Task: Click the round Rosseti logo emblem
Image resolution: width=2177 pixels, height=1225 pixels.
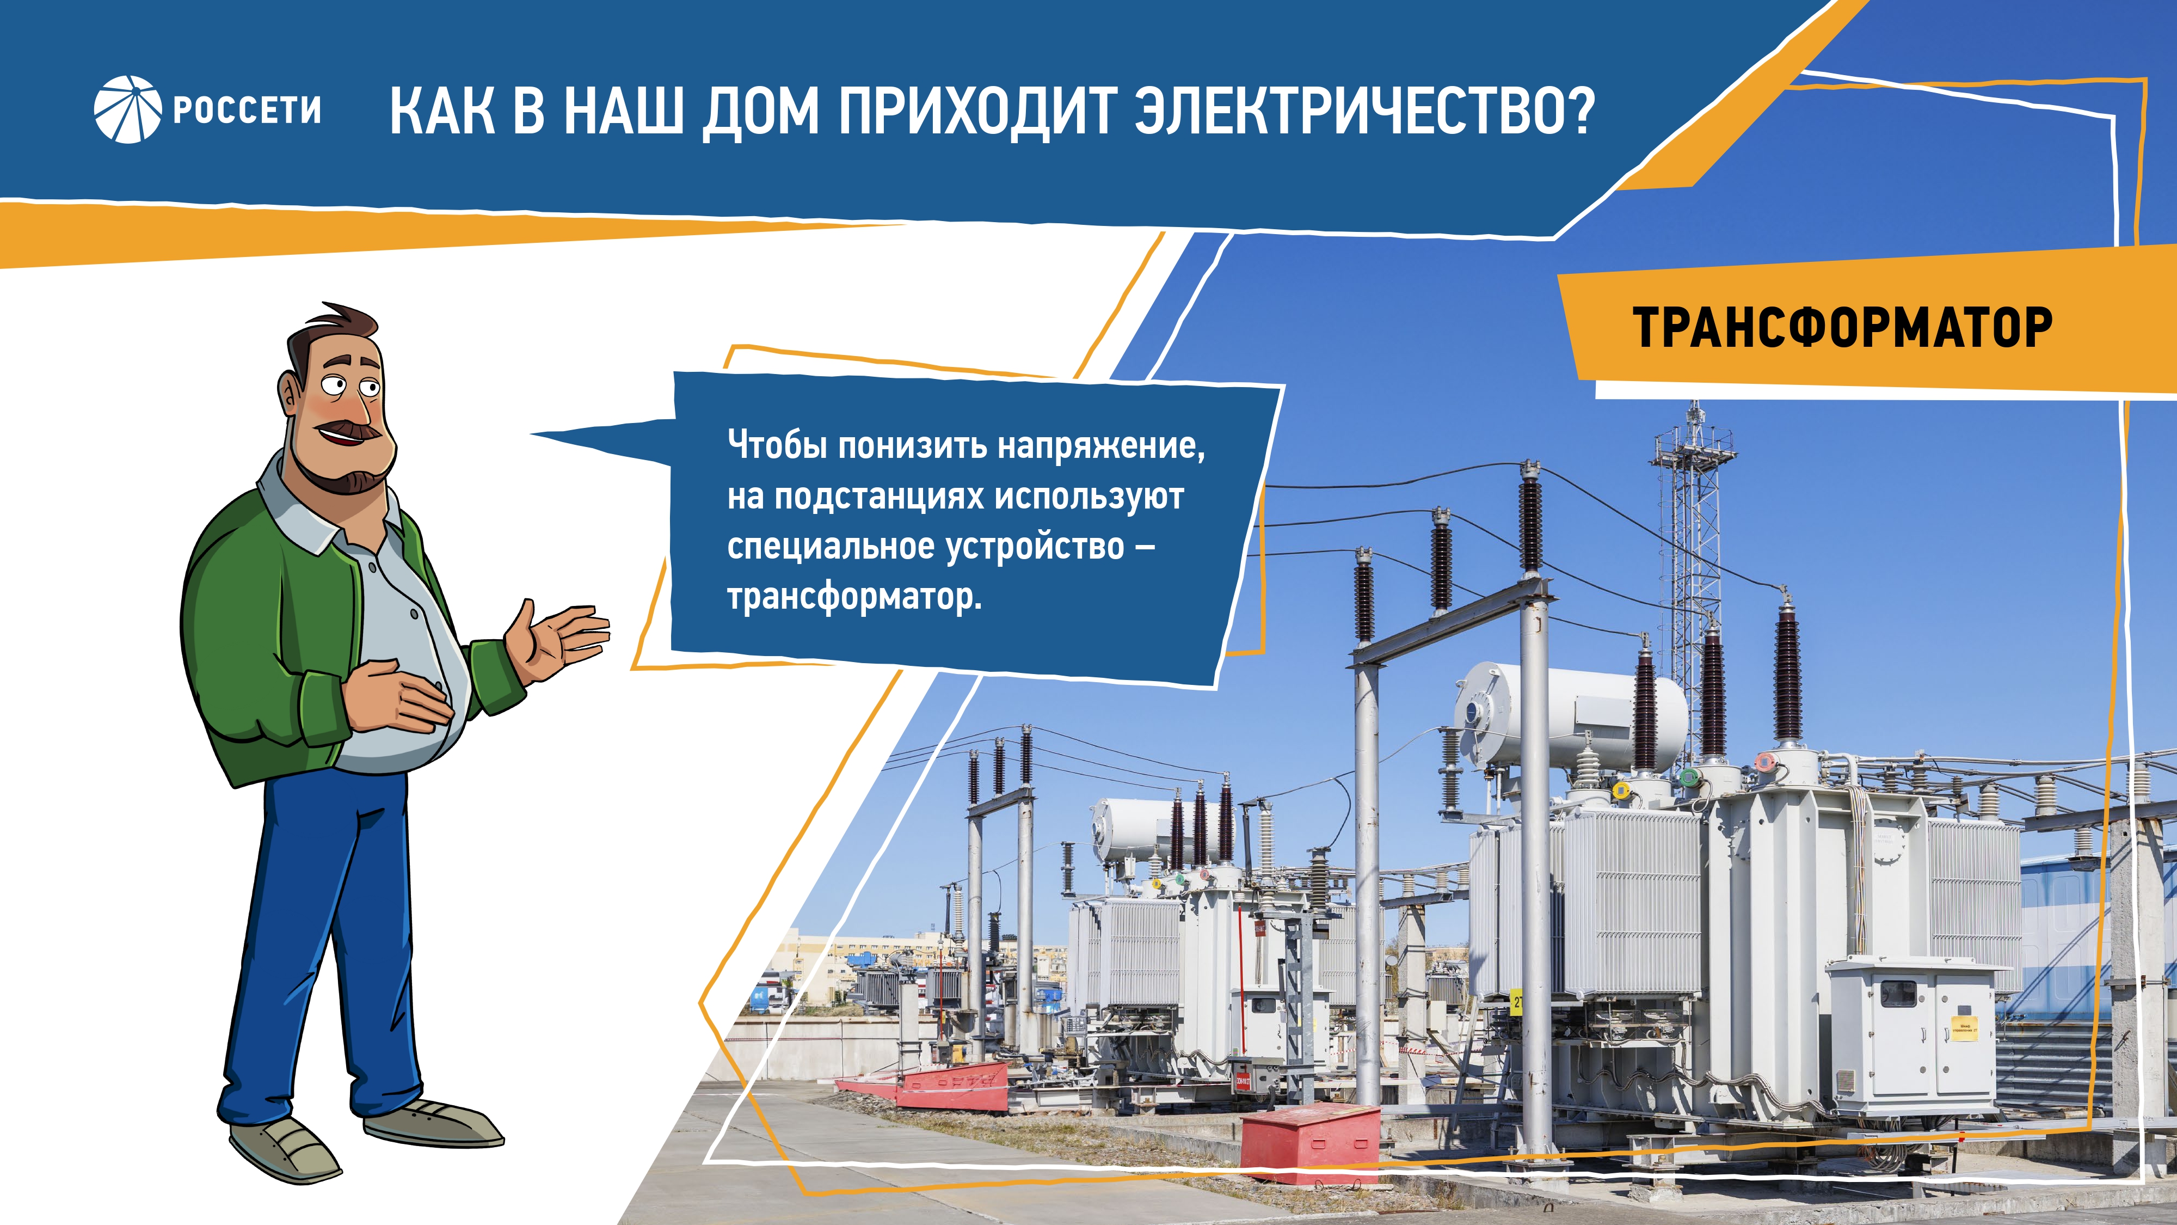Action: (127, 109)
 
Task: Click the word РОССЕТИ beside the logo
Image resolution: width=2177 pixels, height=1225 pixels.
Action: (247, 111)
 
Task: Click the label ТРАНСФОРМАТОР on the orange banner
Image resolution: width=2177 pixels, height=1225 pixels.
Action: (1842, 327)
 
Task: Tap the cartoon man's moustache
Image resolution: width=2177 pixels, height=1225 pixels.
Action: (349, 430)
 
